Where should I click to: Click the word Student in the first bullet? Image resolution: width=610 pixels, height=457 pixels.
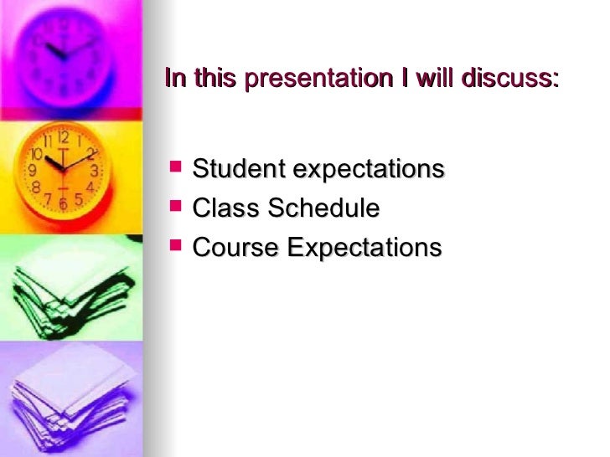[238, 169]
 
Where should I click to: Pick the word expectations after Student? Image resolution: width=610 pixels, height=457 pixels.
[368, 170]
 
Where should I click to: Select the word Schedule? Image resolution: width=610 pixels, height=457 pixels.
[323, 208]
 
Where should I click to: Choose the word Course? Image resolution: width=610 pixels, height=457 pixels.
[235, 248]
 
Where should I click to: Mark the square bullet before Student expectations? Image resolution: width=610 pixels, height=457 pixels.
[173, 169]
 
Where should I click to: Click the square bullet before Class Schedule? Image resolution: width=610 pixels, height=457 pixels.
[173, 208]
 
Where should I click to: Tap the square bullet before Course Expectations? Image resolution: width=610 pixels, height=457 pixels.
[173, 247]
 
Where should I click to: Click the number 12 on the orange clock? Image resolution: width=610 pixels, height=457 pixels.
[64, 136]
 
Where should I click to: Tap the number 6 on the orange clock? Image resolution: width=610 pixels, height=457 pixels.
[63, 203]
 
